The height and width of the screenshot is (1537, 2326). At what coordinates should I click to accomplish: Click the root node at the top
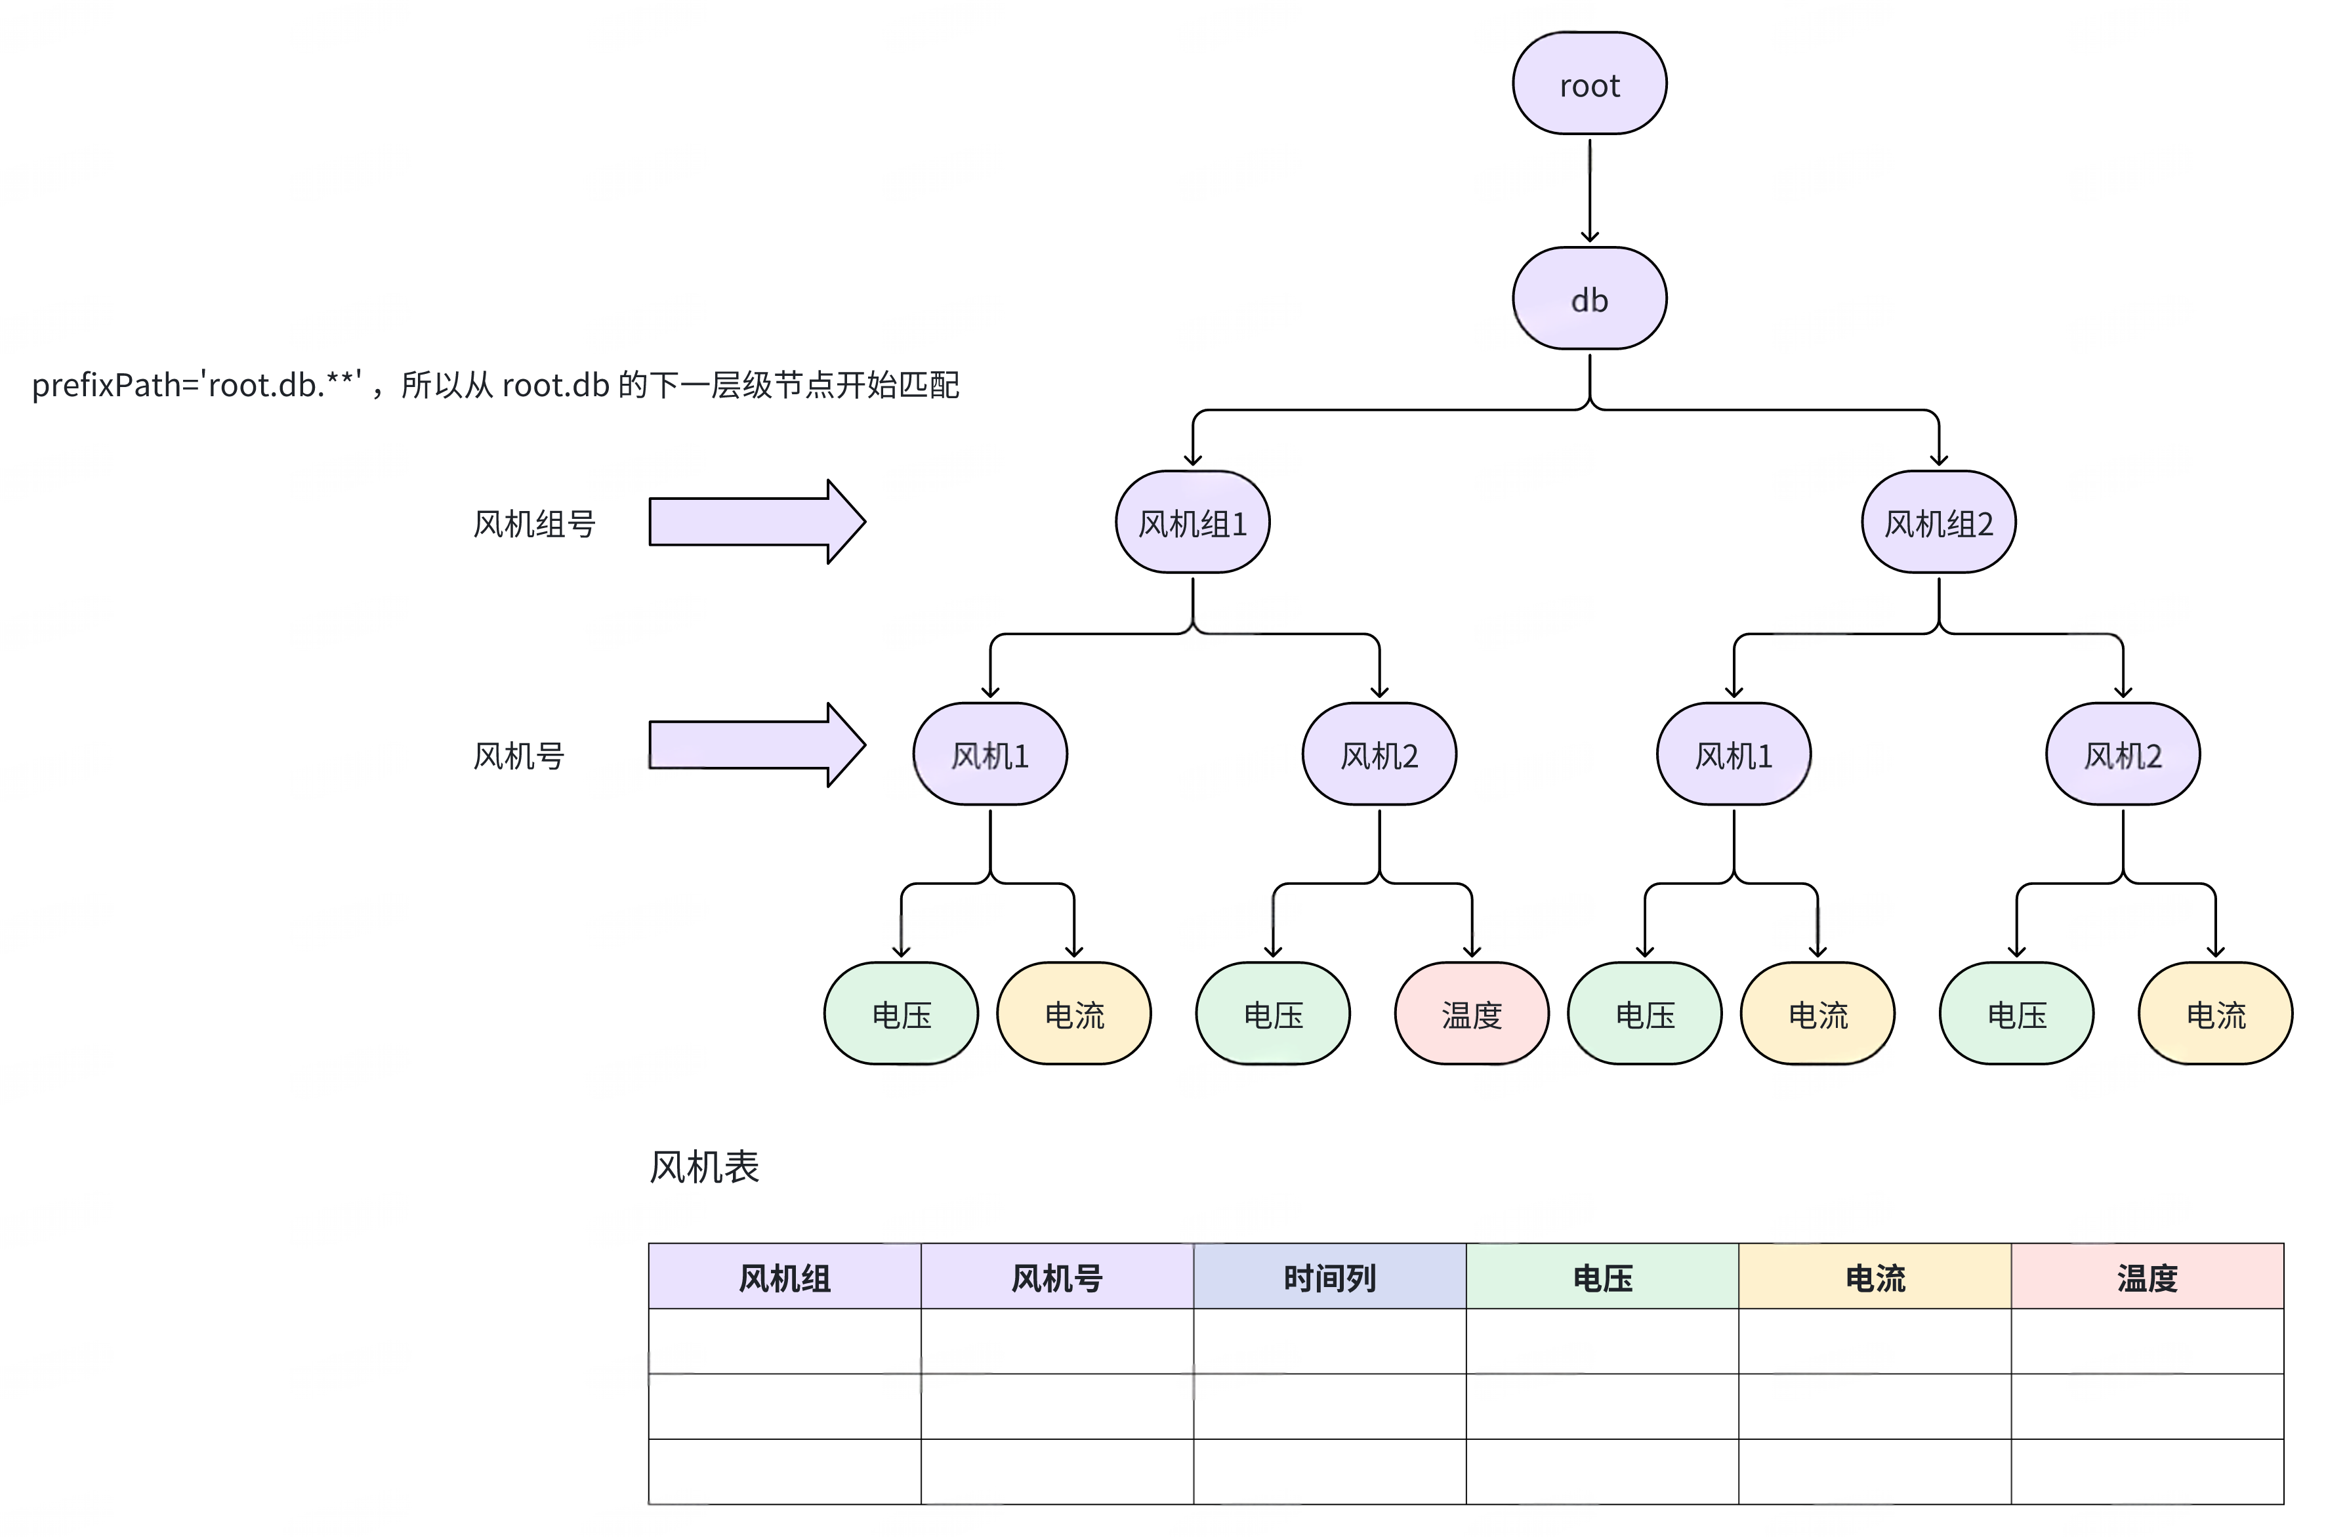click(1589, 85)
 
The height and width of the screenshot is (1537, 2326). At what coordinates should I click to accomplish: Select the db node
click(1589, 299)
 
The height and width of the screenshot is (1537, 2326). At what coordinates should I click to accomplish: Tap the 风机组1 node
click(1192, 522)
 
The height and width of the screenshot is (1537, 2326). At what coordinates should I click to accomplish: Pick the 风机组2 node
click(1938, 522)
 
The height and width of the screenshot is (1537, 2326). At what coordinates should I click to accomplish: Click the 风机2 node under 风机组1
click(1378, 755)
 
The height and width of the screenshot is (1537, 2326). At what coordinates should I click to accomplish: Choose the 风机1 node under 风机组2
click(1733, 755)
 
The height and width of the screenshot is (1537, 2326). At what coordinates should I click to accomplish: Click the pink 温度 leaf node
click(1471, 1015)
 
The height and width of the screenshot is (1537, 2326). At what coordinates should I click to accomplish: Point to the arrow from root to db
click(1589, 191)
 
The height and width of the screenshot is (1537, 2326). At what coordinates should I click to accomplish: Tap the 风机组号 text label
click(534, 524)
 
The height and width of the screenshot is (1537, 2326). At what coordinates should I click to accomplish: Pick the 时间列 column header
click(1329, 1277)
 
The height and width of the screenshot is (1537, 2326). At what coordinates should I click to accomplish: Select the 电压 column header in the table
click(1602, 1277)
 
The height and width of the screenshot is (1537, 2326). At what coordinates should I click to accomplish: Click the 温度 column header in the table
click(2147, 1277)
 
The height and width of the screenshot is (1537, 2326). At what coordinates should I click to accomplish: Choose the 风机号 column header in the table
click(1056, 1277)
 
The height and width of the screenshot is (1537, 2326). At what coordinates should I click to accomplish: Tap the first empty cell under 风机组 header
click(784, 1341)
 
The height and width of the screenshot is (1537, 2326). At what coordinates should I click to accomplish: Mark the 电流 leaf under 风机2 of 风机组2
click(2215, 1015)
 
